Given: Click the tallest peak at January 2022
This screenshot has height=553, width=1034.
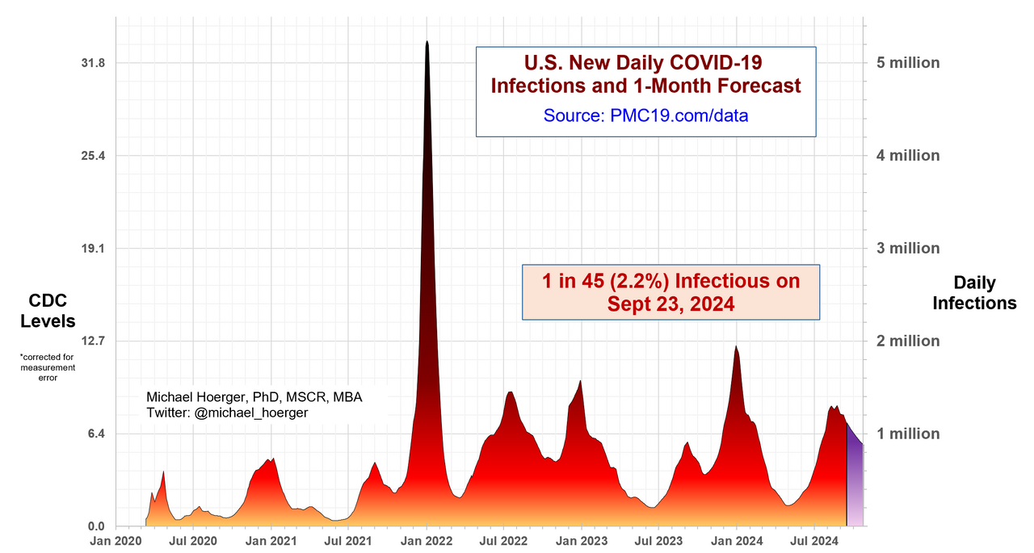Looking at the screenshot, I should (427, 43).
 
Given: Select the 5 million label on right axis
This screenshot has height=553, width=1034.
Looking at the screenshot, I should (909, 63).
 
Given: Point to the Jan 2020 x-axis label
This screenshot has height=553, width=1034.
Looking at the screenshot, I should (116, 540).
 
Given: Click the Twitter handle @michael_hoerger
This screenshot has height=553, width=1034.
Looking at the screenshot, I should (251, 413).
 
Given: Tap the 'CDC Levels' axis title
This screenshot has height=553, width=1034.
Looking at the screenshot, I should (53, 311).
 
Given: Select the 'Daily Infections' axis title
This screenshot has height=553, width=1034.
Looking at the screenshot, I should (974, 293).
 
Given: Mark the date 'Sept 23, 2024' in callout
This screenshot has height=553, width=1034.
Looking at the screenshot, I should (670, 304).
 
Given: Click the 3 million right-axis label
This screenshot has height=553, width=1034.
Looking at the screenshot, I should (909, 248).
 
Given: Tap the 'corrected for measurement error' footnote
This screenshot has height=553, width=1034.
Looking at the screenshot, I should (53, 367).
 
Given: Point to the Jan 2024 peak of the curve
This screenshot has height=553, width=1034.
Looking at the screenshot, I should (736, 348).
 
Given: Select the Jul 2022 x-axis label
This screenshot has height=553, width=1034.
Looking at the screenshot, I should (503, 540).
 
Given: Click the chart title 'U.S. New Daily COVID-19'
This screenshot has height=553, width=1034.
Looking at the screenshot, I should (644, 62).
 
